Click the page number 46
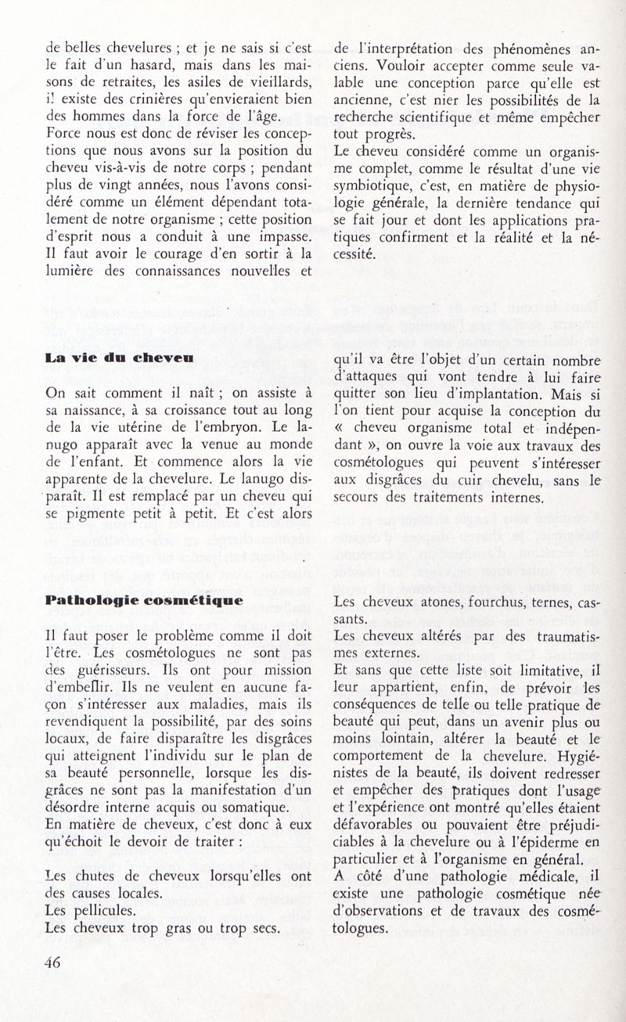(53, 964)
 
